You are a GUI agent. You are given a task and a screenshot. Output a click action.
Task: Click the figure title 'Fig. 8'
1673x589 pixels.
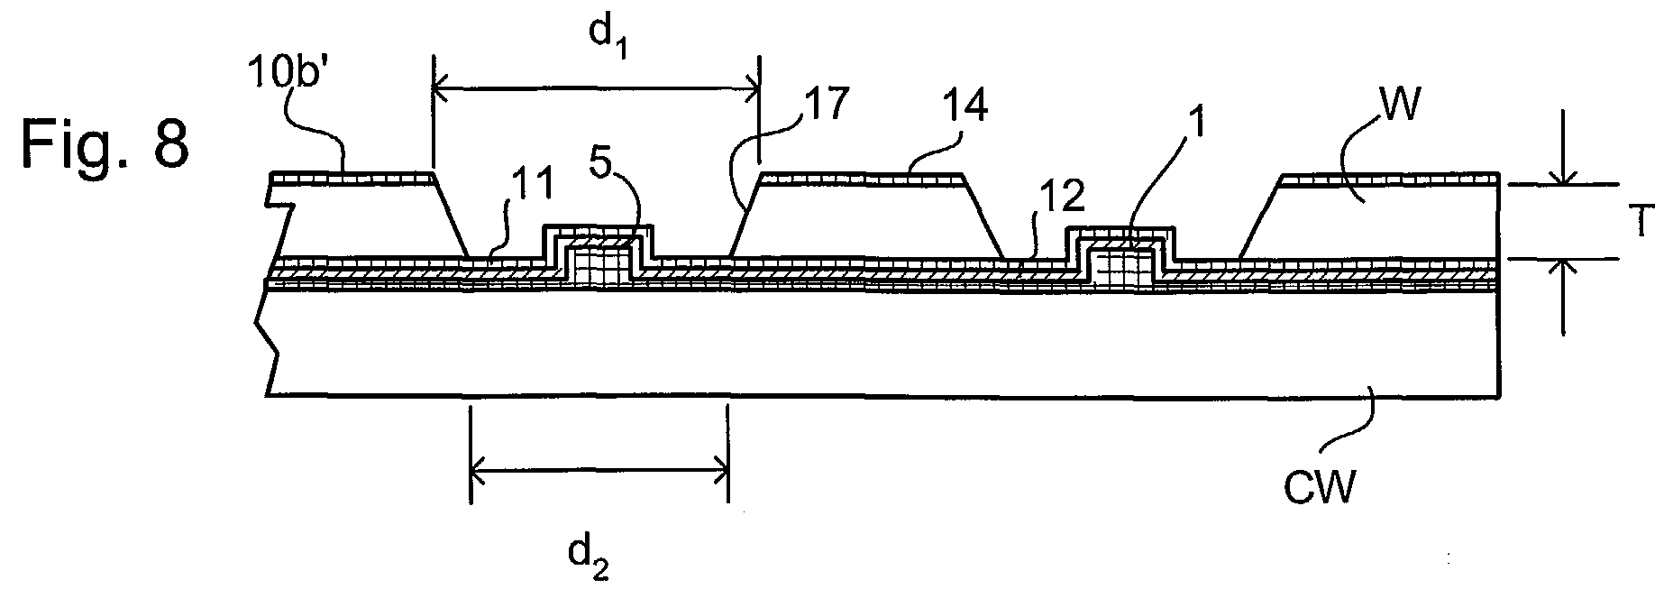point(105,144)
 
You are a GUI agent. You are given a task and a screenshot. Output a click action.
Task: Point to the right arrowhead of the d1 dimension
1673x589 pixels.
point(750,88)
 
